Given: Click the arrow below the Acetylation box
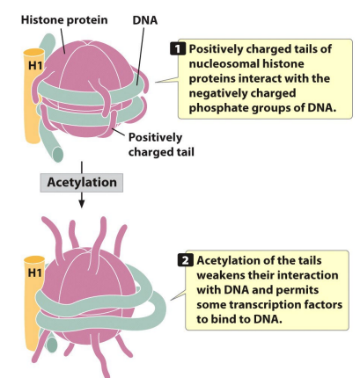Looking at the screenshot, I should coord(80,200).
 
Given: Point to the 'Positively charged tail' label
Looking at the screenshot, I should coord(162,144).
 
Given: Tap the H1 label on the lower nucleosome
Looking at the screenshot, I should coord(33,270).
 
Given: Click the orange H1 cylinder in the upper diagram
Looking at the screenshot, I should coord(33,97).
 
